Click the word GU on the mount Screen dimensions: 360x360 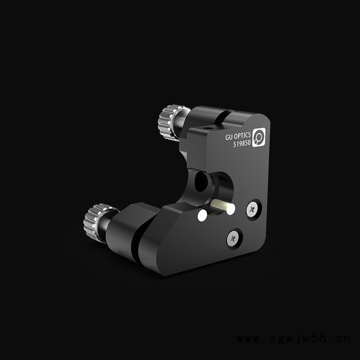pyautogui.click(x=229, y=137)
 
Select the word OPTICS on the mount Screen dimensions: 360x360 pyautogui.click(x=242, y=136)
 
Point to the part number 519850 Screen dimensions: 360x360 pyautogui.click(x=242, y=143)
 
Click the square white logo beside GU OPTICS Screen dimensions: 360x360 pyautogui.click(x=259, y=137)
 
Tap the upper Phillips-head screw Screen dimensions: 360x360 pyautogui.click(x=252, y=209)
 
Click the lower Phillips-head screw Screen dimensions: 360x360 pyautogui.click(x=233, y=239)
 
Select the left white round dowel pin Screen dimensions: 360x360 pyautogui.click(x=202, y=216)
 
